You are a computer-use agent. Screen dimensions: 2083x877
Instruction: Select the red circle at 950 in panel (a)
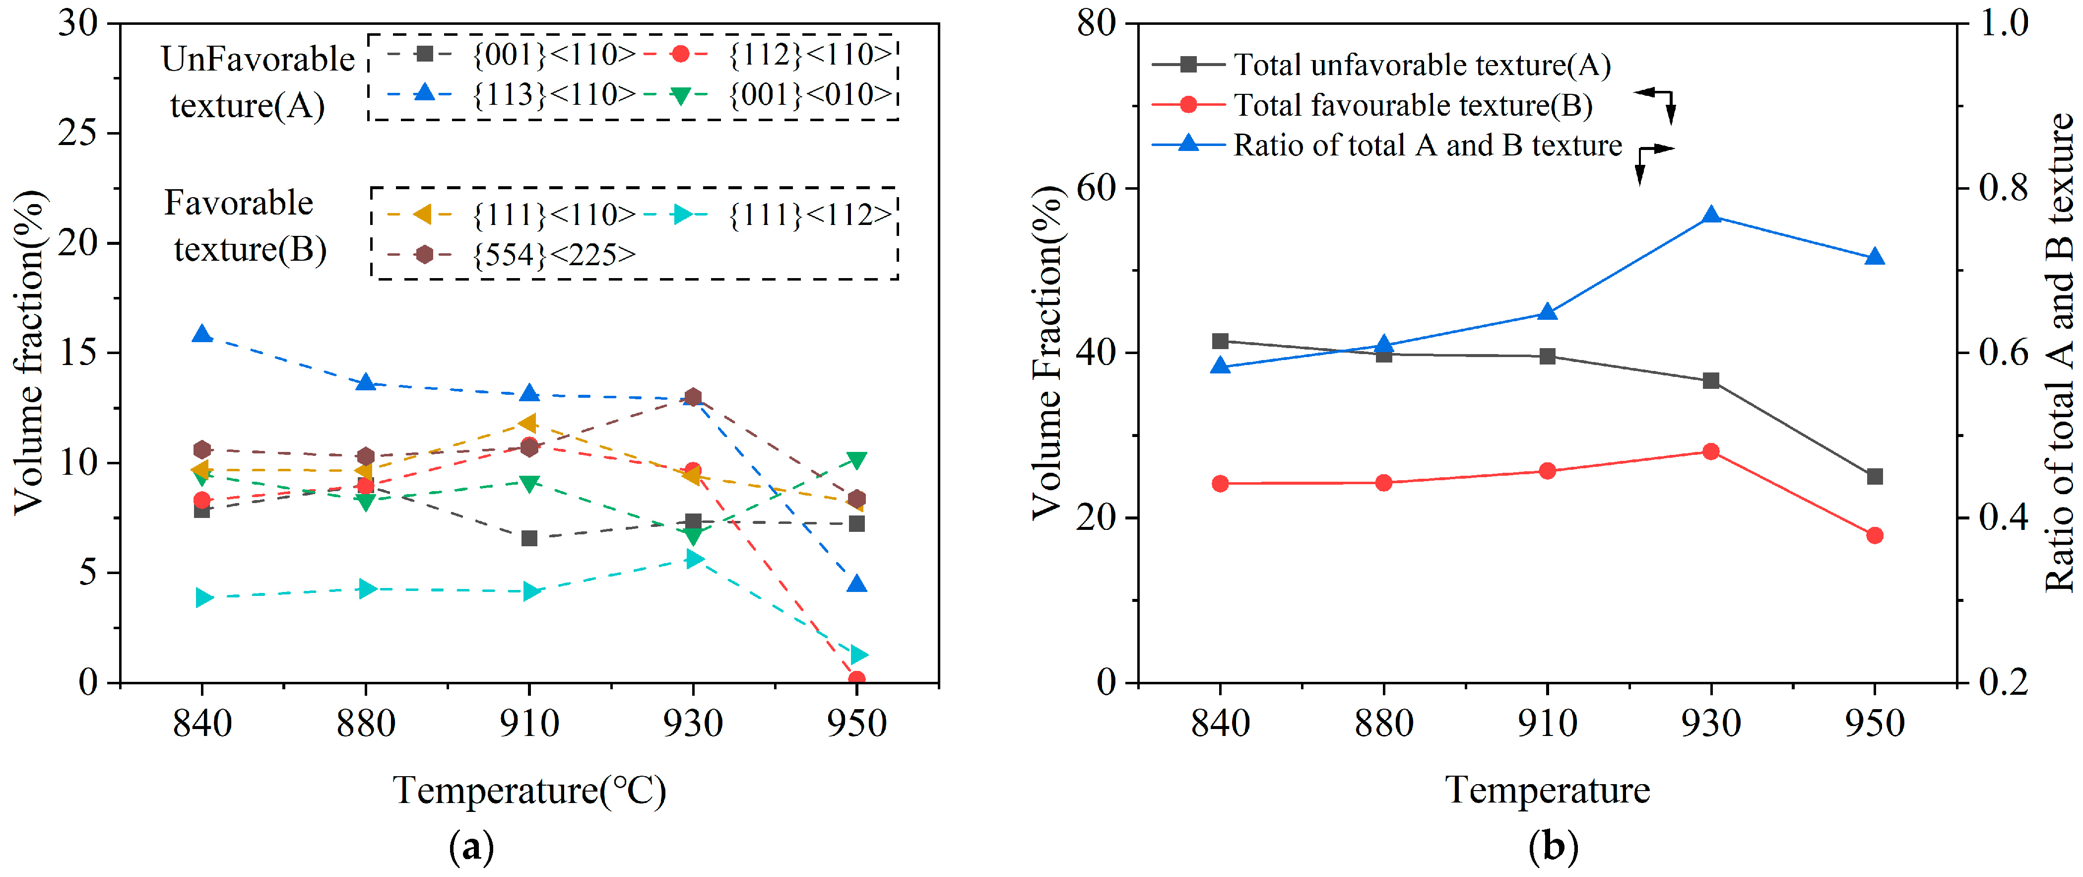pyautogui.click(x=856, y=679)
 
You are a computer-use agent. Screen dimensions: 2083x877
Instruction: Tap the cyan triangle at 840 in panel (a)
pyautogui.click(x=204, y=598)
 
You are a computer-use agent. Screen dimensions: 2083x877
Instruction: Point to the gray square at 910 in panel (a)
pyautogui.click(x=529, y=538)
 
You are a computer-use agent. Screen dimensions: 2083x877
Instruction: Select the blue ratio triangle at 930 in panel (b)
pyautogui.click(x=1710, y=215)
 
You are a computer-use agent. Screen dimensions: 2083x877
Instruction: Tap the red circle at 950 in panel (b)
pyautogui.click(x=1875, y=535)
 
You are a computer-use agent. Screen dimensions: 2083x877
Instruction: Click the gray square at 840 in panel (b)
pyautogui.click(x=1220, y=341)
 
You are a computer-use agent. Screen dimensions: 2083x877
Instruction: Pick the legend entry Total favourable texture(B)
pyautogui.click(x=1372, y=105)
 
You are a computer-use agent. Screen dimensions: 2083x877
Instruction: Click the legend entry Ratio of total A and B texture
pyautogui.click(x=1387, y=145)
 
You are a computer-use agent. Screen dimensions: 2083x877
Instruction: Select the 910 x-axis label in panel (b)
pyautogui.click(x=1547, y=723)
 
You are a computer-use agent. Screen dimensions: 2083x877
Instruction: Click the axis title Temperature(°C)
pyautogui.click(x=529, y=790)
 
